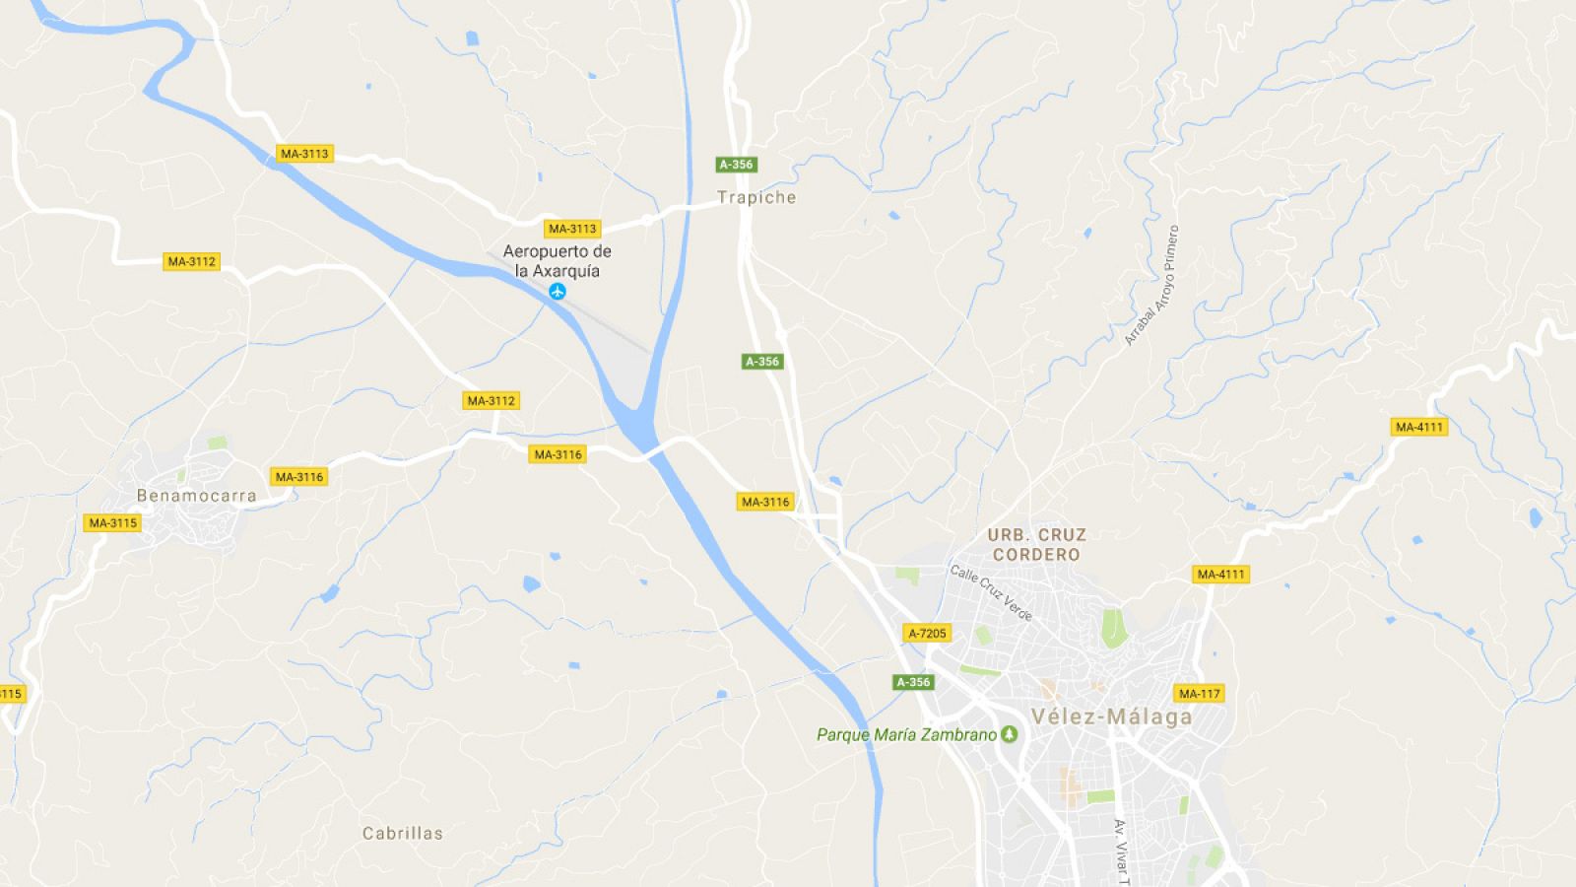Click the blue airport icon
pyautogui.click(x=558, y=291)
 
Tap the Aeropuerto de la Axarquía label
pyautogui.click(x=557, y=261)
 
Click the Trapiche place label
pyautogui.click(x=756, y=197)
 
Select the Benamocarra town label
pyautogui.click(x=196, y=496)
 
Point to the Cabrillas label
pyautogui.click(x=403, y=833)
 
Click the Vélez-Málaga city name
pyautogui.click(x=1111, y=716)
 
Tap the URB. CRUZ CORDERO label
pyautogui.click(x=1036, y=544)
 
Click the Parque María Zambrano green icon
pyautogui.click(x=1009, y=734)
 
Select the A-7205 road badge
pyautogui.click(x=927, y=633)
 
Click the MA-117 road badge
pyautogui.click(x=1199, y=693)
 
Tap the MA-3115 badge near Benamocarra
pyautogui.click(x=112, y=522)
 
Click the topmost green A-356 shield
pyautogui.click(x=736, y=165)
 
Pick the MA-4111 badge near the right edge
pyautogui.click(x=1418, y=427)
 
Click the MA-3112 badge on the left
pyautogui.click(x=191, y=261)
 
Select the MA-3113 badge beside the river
pyautogui.click(x=304, y=154)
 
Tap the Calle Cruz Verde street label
pyautogui.click(x=991, y=592)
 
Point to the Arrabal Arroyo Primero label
pyautogui.click(x=1151, y=286)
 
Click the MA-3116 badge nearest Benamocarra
pyautogui.click(x=298, y=477)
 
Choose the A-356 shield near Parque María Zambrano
pyautogui.click(x=912, y=682)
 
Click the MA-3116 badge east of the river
pyautogui.click(x=765, y=502)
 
